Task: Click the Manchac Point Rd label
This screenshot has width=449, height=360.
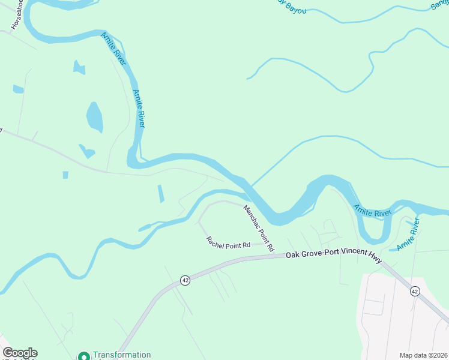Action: tap(259, 229)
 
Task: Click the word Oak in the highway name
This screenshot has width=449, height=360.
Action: tap(293, 255)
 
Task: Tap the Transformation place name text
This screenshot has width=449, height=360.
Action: tap(122, 355)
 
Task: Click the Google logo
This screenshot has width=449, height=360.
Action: tap(20, 353)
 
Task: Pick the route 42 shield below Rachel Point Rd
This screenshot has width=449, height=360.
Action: tap(185, 280)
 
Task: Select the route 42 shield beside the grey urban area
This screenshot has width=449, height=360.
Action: tap(415, 291)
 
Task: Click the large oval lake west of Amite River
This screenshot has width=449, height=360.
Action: tap(94, 117)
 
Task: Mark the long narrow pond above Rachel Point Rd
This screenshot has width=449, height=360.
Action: tap(160, 194)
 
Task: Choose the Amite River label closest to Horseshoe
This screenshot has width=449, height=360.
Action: tap(112, 45)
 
